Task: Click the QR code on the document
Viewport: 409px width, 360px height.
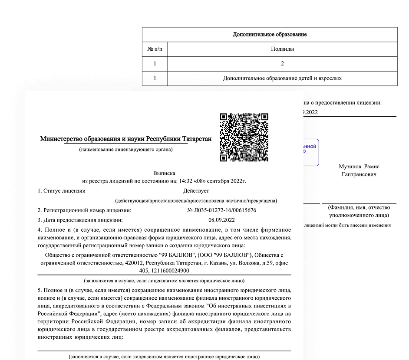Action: tap(244, 137)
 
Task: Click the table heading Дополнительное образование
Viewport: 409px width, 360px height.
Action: tap(270, 34)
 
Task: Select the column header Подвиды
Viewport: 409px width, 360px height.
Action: tap(282, 49)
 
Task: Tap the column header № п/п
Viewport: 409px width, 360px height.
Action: tap(155, 49)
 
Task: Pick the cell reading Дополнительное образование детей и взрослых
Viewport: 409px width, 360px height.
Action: tap(282, 79)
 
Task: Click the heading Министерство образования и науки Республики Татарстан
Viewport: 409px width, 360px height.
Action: tap(125, 139)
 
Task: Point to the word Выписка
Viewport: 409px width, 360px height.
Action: tap(164, 173)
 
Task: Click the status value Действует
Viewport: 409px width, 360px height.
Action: tap(196, 191)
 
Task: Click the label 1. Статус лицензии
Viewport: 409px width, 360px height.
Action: tap(61, 191)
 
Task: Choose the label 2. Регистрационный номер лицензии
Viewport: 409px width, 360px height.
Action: tap(84, 210)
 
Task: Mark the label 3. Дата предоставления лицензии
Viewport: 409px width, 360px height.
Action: tap(80, 220)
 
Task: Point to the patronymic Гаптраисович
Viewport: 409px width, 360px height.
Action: tap(359, 174)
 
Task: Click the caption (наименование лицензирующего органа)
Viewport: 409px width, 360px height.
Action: tap(125, 150)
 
